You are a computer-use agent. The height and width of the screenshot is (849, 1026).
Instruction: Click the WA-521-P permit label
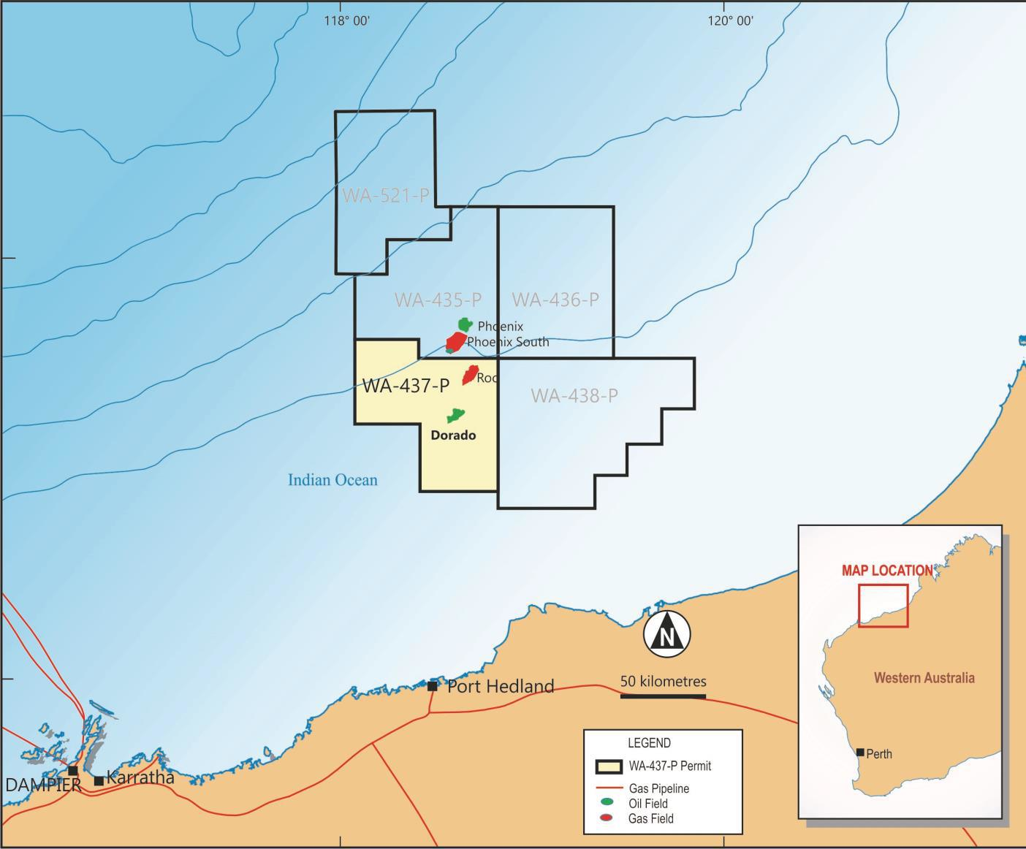point(385,195)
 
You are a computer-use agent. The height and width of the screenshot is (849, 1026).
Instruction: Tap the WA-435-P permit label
point(438,300)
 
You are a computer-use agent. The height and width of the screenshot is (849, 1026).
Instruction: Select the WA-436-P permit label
point(555,300)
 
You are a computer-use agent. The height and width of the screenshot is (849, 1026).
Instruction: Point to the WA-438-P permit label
point(574,395)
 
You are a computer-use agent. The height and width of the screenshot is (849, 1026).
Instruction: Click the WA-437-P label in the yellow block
point(406,385)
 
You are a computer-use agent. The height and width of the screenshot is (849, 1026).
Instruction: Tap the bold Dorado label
point(453,435)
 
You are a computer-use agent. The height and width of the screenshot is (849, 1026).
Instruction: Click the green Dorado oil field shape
point(456,416)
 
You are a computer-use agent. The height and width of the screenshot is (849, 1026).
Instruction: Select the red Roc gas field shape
point(470,375)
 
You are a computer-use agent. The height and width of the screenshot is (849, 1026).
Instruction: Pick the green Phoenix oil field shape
point(465,324)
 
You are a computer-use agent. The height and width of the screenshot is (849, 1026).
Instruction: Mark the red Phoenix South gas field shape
point(456,342)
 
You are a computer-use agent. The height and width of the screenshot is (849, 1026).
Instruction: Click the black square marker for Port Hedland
point(433,686)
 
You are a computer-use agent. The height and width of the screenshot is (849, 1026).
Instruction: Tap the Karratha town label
point(140,777)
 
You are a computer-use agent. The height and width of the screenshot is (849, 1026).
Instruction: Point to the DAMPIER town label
point(43,785)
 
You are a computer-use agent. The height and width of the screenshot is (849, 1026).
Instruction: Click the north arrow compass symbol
point(666,633)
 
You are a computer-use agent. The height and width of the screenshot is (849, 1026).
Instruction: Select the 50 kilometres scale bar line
point(663,696)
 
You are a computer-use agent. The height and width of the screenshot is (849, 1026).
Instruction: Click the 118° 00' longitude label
point(346,20)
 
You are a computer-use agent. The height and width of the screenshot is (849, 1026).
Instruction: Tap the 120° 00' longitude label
point(730,20)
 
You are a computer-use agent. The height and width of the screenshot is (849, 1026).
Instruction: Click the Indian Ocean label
point(332,480)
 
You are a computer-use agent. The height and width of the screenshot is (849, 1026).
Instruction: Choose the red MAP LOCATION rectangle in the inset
point(883,605)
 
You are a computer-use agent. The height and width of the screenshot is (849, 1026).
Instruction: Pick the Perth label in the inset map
point(879,754)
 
